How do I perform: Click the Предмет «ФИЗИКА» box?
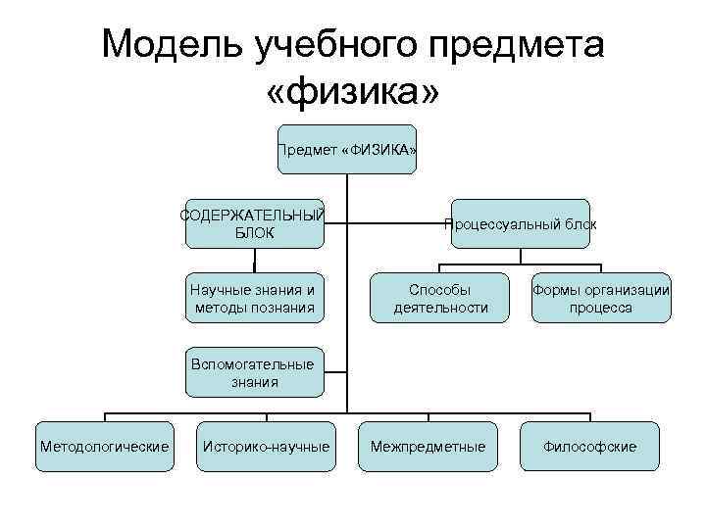tap(347, 150)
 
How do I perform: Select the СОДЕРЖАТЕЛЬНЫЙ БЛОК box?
tap(254, 223)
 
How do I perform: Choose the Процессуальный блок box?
tap(520, 223)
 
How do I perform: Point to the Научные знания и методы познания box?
tap(254, 298)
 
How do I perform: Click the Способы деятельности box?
tap(440, 298)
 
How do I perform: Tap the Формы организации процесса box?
tap(601, 298)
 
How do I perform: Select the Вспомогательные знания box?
tap(254, 372)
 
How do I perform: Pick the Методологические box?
tap(105, 447)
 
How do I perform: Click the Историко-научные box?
tap(266, 447)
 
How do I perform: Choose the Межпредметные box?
tap(428, 447)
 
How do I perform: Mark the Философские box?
tap(590, 447)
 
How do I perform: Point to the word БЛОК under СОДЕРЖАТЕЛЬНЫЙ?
tap(255, 233)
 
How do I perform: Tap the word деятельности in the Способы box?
tap(440, 308)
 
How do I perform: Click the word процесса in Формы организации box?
tap(601, 308)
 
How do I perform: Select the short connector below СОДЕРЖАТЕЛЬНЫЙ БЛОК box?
tap(254, 261)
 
